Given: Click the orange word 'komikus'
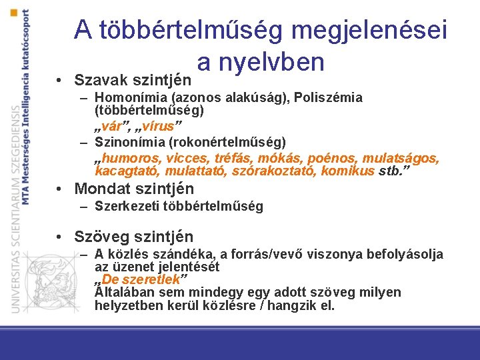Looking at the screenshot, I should tap(347, 171).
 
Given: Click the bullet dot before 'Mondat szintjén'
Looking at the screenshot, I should tap(60, 189).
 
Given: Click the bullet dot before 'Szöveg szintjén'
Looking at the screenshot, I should tap(60, 237).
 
